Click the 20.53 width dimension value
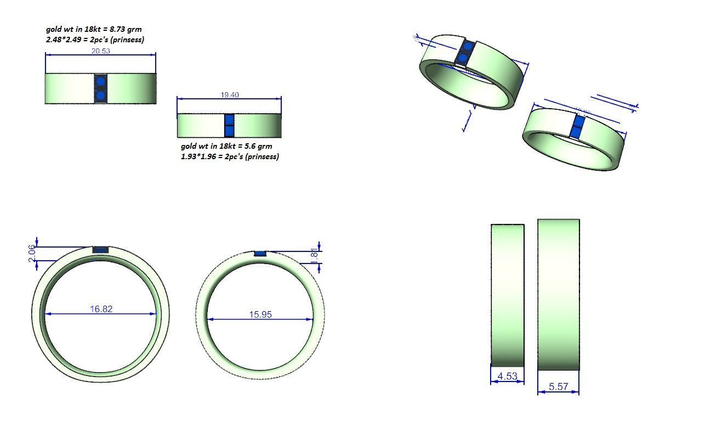click(x=100, y=51)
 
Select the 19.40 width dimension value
click(x=230, y=95)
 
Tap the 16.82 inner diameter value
click(x=101, y=309)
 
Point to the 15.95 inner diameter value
click(x=260, y=315)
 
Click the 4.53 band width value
click(x=507, y=376)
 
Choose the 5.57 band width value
click(x=558, y=386)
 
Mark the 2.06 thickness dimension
click(x=32, y=253)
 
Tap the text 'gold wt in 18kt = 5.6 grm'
click(x=226, y=146)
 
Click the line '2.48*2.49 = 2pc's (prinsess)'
click(x=95, y=40)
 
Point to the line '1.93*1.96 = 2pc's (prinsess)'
click(x=230, y=156)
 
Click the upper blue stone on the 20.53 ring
click(x=100, y=82)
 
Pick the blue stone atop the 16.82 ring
click(x=100, y=250)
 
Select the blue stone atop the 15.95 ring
click(x=260, y=254)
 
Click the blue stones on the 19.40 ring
click(x=229, y=126)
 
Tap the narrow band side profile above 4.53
click(x=507, y=295)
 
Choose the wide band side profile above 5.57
click(x=558, y=295)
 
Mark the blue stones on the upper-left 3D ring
click(x=464, y=53)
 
